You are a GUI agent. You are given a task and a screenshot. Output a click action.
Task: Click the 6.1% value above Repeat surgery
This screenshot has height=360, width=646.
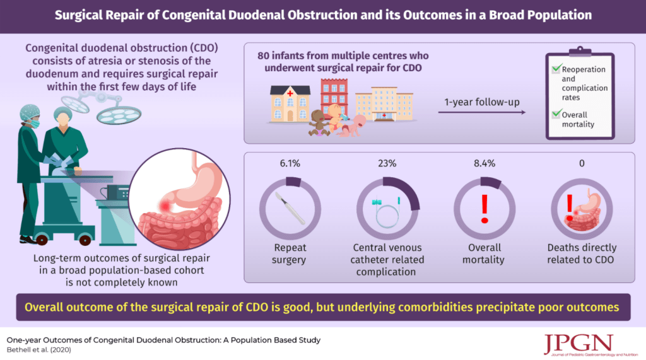click(x=290, y=163)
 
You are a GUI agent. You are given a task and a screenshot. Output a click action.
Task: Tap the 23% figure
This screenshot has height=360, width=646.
click(x=387, y=163)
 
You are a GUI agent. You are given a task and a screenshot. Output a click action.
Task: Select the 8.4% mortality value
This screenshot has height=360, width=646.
click(x=484, y=163)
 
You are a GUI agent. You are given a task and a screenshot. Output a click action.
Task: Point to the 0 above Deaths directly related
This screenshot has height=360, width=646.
click(x=582, y=163)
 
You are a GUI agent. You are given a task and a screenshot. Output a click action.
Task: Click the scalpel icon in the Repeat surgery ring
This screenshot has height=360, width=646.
click(x=290, y=209)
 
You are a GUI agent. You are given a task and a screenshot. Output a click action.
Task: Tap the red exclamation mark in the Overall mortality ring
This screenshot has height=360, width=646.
click(x=484, y=209)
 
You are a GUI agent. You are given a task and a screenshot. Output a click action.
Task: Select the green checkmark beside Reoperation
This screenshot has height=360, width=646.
click(x=556, y=68)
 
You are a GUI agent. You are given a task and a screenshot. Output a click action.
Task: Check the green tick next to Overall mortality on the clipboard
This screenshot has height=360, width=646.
click(x=556, y=113)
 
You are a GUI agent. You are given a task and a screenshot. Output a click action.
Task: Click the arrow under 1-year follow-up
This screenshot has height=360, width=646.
click(x=481, y=112)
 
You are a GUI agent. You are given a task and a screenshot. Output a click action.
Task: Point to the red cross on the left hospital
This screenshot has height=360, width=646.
click(x=290, y=93)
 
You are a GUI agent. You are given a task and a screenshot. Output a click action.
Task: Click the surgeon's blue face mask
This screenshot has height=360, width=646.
click(x=34, y=123)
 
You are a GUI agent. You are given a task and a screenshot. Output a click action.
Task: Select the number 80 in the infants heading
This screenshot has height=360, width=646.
click(x=264, y=55)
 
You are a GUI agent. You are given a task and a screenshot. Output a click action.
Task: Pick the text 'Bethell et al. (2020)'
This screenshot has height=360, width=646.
click(x=38, y=350)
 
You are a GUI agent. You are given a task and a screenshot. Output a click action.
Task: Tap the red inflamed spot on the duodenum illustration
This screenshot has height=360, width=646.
click(x=166, y=206)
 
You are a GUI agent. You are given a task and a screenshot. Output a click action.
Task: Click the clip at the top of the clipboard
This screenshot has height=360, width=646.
click(x=580, y=52)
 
